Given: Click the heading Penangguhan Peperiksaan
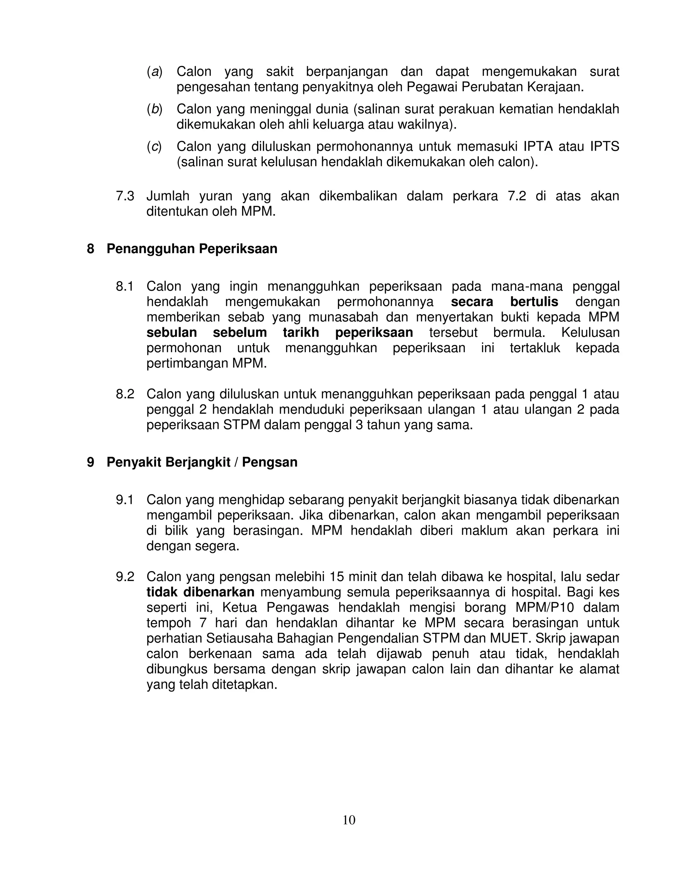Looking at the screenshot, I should tap(192, 249).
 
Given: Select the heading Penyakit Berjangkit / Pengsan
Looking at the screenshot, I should tap(202, 462).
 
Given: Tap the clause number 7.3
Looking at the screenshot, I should tap(125, 196).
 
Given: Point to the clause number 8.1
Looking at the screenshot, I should tap(125, 287).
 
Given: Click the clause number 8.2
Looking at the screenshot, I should tap(125, 394).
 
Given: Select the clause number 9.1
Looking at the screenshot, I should tap(125, 500).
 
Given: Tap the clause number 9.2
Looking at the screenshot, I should tap(125, 577).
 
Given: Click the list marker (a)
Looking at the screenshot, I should tap(154, 72).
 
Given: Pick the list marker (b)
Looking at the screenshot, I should tap(154, 109).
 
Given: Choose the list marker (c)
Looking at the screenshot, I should tap(154, 146).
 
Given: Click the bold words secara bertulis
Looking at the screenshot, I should tap(504, 302).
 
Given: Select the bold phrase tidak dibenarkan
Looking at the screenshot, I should tap(200, 592).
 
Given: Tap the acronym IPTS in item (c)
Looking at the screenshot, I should tap(605, 146).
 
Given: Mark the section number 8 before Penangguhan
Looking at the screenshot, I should tap(91, 249).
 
